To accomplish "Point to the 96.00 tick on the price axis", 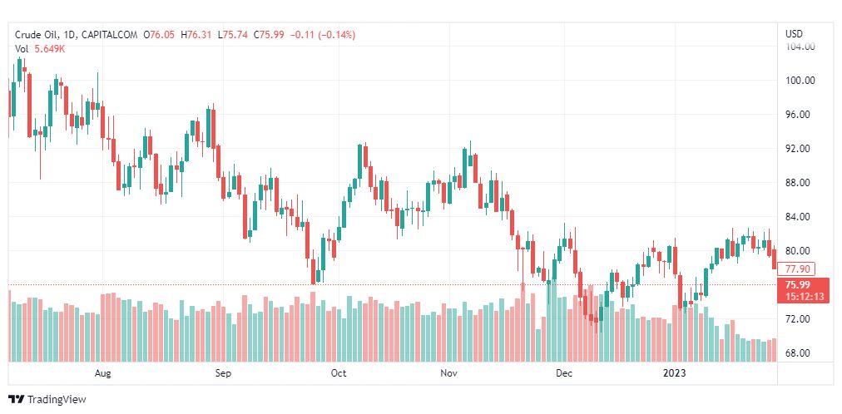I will tap(800, 115).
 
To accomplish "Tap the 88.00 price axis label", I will tap(800, 183).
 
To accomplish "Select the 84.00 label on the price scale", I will tap(800, 217).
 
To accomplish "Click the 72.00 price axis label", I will tap(800, 319).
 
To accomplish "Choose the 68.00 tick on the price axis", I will tap(800, 353).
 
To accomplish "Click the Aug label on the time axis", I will tap(103, 373).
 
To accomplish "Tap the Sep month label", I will tap(222, 373).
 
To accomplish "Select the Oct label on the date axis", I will tap(338, 373).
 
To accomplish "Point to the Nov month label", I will tap(449, 373).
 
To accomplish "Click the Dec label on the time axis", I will tap(565, 373).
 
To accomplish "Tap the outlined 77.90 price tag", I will tap(797, 269).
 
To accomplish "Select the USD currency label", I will tap(794, 34).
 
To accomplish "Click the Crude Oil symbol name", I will tap(39, 35).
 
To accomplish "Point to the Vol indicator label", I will tap(22, 49).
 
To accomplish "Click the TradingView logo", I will tap(47, 399).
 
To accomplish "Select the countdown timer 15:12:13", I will tap(802, 296).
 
